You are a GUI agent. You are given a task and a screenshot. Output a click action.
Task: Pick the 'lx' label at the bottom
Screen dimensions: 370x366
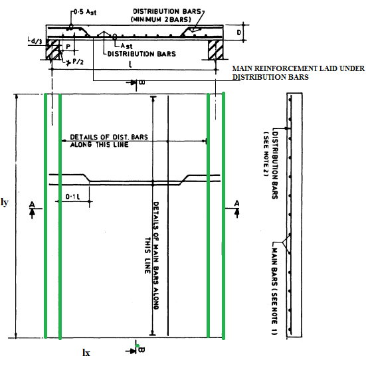click(x=86, y=353)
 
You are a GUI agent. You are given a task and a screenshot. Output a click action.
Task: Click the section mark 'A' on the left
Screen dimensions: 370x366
click(x=32, y=205)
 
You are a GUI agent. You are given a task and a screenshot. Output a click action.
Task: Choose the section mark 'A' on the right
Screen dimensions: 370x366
click(x=236, y=203)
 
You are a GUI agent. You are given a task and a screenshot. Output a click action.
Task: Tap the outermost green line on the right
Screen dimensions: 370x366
click(x=223, y=215)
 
